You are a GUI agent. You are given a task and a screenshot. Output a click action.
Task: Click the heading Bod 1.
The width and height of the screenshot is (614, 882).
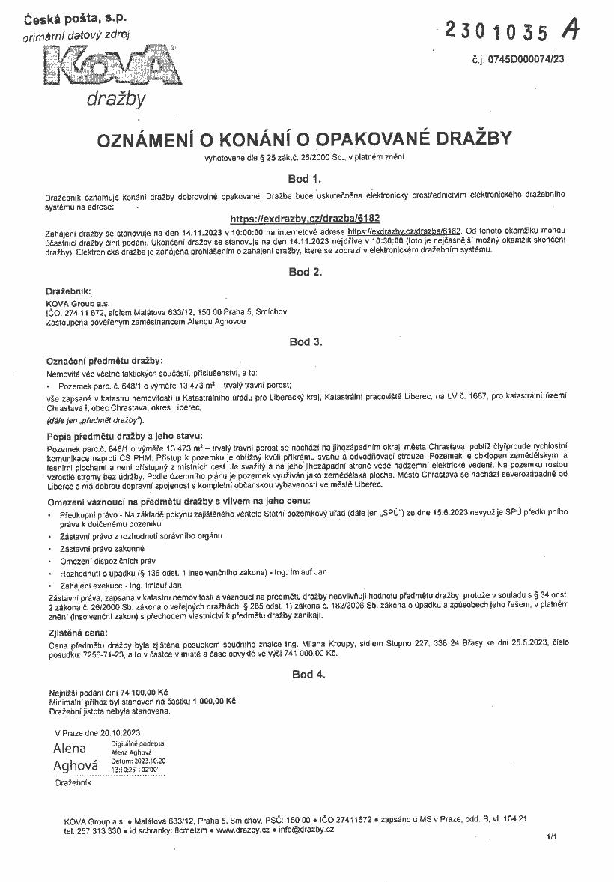pos(305,180)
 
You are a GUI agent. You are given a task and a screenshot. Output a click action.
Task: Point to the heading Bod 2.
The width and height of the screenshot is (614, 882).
pos(305,272)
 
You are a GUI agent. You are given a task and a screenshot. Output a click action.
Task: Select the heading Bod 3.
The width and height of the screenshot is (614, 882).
pos(305,341)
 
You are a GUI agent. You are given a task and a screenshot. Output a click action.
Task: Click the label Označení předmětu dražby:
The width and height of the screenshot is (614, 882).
pos(104,361)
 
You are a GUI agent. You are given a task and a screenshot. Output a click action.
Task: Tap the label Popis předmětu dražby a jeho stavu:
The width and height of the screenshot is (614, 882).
pos(124,436)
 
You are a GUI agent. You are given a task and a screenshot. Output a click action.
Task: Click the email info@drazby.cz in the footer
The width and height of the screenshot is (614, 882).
pos(306,830)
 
